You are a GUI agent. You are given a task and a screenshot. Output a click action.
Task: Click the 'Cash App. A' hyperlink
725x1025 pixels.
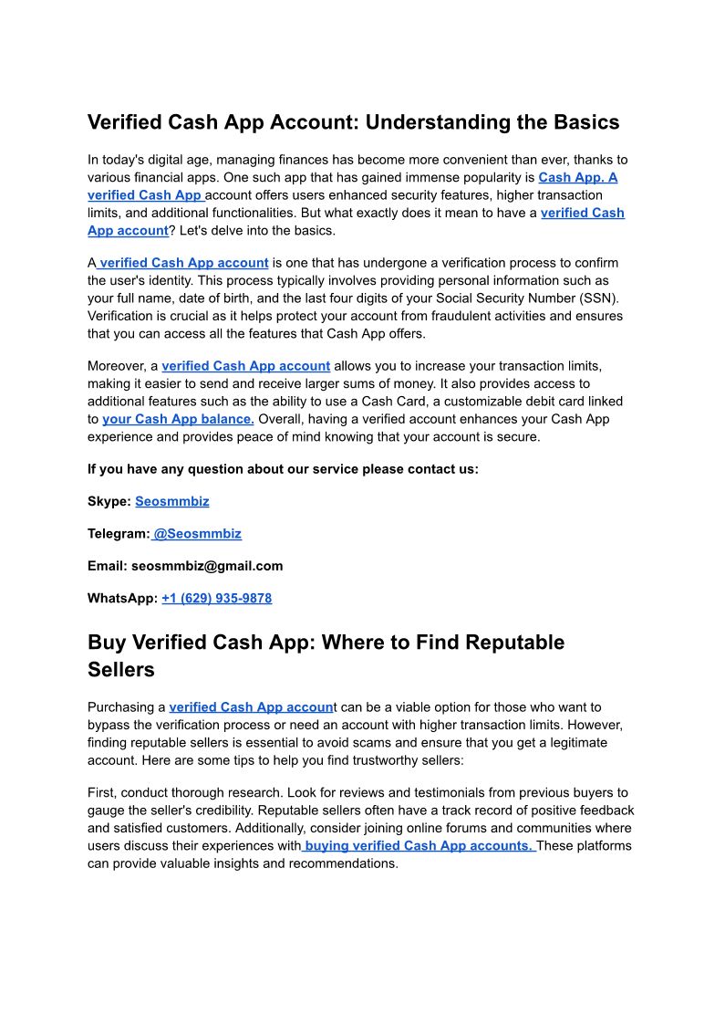point(577,177)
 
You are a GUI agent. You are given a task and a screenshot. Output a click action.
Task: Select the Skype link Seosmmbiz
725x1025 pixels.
point(171,501)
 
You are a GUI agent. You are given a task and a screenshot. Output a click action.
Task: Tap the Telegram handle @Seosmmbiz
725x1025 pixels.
point(197,533)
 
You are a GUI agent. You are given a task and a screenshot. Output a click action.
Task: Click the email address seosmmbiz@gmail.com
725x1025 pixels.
point(207,566)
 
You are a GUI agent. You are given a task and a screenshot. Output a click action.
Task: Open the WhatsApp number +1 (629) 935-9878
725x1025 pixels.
point(216,599)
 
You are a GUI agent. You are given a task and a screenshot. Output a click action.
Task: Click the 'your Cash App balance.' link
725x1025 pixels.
point(178,419)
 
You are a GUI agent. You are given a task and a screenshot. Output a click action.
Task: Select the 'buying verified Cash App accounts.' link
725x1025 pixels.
point(419,845)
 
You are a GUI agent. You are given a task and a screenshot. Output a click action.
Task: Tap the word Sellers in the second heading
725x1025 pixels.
point(121,670)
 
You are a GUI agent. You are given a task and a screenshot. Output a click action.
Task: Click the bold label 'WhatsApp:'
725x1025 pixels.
point(122,599)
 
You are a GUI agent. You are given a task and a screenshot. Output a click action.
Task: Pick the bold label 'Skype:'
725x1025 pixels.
point(109,501)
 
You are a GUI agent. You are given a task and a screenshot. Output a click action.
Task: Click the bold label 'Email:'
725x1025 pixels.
point(107,566)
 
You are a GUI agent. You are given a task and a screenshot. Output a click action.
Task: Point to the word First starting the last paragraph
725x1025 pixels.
point(101,792)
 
